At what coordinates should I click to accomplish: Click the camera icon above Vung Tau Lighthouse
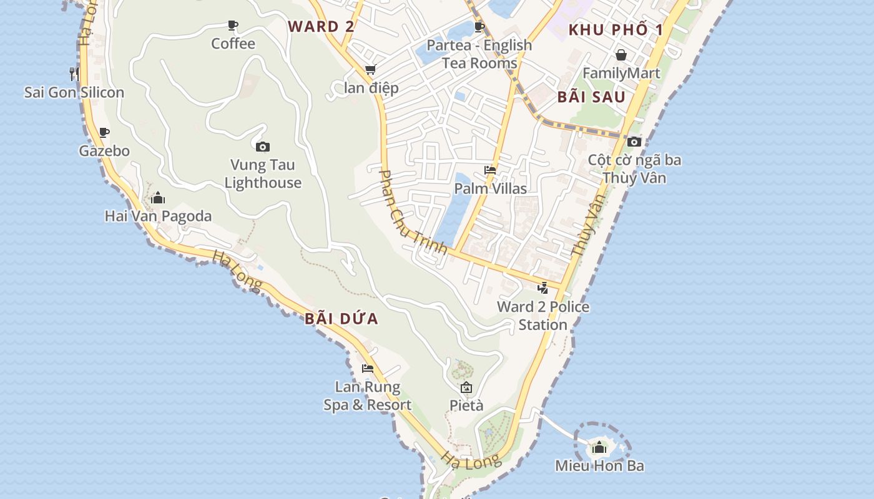pos(263,147)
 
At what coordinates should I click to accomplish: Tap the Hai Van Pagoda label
pos(158,216)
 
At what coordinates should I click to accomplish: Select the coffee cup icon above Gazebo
pos(104,132)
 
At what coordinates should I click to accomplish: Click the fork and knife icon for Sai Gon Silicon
pos(74,74)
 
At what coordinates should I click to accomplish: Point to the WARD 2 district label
pos(321,26)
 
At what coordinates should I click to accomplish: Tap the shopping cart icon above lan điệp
pos(371,69)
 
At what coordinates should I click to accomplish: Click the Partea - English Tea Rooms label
pos(479,54)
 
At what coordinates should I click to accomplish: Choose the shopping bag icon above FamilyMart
pos(621,55)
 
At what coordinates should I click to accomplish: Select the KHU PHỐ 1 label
pos(616,30)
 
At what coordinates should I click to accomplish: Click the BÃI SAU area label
pos(591,97)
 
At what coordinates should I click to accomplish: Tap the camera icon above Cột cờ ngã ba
pos(634,142)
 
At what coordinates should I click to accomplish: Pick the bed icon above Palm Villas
pos(490,170)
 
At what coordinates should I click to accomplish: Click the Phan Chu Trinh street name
pos(413,212)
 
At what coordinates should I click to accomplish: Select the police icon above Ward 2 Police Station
pos(543,288)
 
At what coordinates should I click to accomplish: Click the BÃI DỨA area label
pos(341,319)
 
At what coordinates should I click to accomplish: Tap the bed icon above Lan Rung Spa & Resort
pos(368,369)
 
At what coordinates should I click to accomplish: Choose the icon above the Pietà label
pos(466,387)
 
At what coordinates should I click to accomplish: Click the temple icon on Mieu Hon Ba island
pos(599,447)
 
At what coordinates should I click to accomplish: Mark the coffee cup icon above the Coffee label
pos(233,26)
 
